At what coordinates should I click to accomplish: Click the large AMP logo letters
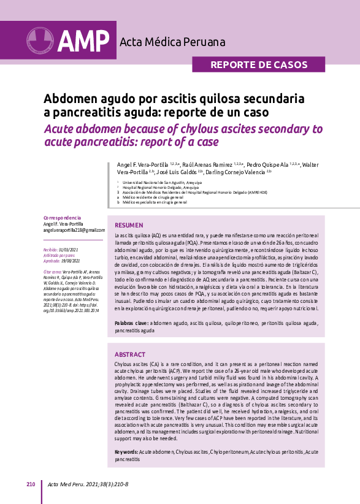tap(84, 40)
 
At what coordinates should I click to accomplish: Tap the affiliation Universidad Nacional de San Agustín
tap(155, 183)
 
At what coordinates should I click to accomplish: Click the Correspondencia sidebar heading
tap(63, 218)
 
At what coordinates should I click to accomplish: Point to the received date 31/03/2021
tap(71, 250)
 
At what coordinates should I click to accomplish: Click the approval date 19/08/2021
tap(72, 260)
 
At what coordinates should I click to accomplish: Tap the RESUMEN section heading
tap(129, 225)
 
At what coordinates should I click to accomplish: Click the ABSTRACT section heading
tap(130, 354)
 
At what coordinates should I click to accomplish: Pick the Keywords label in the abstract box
tap(126, 451)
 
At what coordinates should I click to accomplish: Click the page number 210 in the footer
tap(31, 484)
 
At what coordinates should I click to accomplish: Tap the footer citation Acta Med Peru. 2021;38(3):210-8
tap(88, 484)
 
